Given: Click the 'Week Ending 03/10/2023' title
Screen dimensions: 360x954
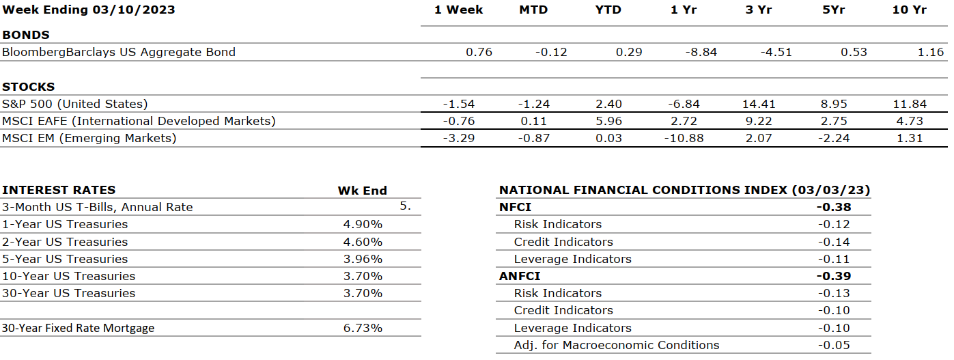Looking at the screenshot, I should click(x=89, y=10).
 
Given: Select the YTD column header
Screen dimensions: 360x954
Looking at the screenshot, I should click(x=608, y=10).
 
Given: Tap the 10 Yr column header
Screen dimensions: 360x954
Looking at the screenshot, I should click(x=908, y=10).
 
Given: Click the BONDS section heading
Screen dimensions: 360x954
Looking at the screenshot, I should click(x=26, y=35).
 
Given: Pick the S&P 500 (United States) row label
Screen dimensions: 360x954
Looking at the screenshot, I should click(x=75, y=104).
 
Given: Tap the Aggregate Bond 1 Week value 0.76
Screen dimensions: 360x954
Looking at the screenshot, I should click(x=479, y=52).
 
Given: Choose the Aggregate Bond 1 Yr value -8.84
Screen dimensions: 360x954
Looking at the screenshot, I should click(x=701, y=52).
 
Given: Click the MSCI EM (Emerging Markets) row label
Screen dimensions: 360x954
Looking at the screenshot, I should click(x=89, y=138).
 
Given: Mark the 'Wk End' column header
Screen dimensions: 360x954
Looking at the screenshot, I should click(x=362, y=191).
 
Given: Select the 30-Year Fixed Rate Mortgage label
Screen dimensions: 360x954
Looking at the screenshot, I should click(x=79, y=328).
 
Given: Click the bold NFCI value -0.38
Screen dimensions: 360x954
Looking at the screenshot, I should click(x=833, y=207).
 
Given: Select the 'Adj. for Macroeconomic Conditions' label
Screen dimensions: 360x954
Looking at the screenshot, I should click(x=617, y=345).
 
